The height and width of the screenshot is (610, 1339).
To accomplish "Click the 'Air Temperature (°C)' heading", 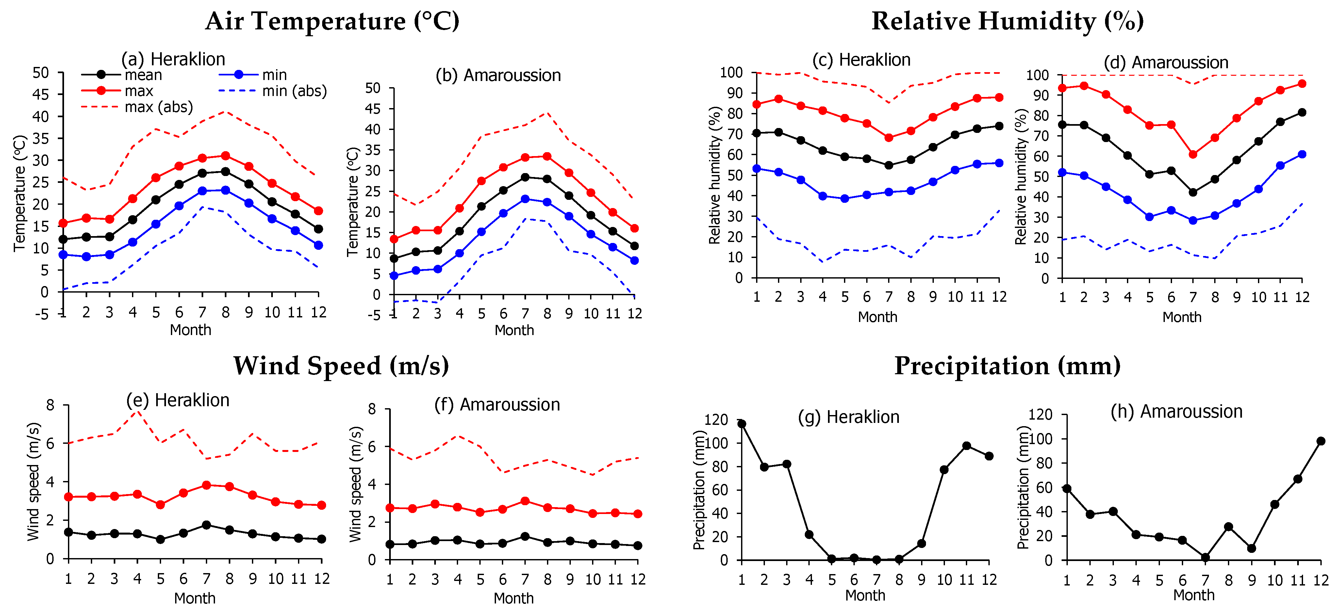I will coord(332,21).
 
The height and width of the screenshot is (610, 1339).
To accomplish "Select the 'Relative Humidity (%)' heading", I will coord(1007,21).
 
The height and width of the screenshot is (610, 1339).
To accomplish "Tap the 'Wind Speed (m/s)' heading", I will coord(341,366).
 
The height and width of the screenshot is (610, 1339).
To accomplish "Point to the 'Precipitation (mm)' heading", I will coord(1007,366).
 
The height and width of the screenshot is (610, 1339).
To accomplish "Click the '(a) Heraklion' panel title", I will coord(173,59).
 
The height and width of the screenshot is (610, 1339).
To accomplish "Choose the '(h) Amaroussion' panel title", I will coord(1176,411).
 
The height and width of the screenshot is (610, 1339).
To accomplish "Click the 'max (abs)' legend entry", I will coord(158,107).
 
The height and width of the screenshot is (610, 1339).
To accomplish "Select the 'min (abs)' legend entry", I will coord(294,91).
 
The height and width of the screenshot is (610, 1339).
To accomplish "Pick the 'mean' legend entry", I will coord(143,75).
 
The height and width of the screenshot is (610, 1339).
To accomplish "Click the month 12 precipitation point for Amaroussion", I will coord(1321,441).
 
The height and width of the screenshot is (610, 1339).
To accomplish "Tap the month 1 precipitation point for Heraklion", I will coord(742,424).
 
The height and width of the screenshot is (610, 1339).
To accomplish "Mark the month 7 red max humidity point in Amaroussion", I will coord(1193,154).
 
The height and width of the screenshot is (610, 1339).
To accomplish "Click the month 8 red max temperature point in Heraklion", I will coord(225,156).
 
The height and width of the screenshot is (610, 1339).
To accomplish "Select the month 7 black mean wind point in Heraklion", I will coord(207,525).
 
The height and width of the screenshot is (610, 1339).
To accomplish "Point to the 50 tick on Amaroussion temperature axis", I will coord(373,88).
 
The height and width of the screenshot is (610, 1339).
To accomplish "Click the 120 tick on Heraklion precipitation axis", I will coord(716,419).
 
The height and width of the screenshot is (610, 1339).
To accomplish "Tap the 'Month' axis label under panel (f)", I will coord(514,598).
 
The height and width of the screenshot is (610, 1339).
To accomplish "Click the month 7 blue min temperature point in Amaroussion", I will coord(525,199).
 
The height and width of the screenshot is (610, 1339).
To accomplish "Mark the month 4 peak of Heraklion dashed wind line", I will coord(137,411).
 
